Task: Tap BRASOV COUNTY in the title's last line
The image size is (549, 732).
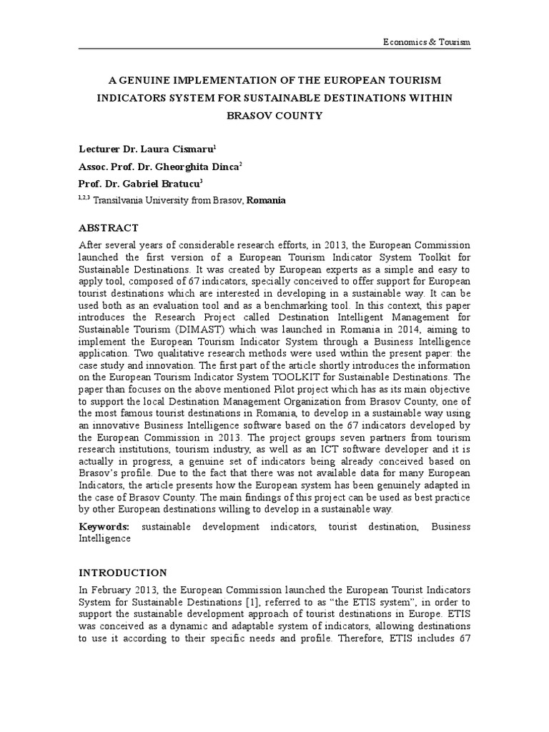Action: click(274, 115)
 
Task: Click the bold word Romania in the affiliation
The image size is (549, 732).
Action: click(266, 201)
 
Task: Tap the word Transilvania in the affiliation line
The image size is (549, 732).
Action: click(115, 201)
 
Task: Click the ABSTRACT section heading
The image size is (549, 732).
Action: click(108, 228)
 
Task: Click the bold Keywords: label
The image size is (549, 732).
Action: click(104, 527)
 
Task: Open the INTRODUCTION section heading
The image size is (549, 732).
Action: click(122, 573)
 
